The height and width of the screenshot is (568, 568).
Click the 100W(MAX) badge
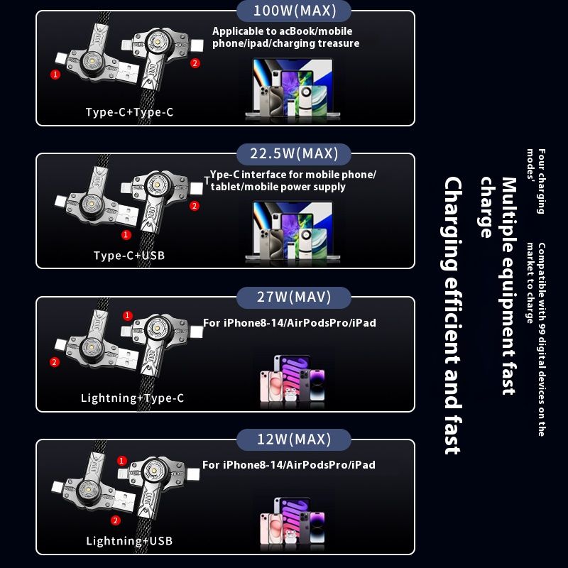(x=294, y=11)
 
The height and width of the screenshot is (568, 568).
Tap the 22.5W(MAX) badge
(x=294, y=154)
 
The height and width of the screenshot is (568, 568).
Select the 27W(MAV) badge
(x=294, y=297)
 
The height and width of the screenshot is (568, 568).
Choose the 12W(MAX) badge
(x=294, y=439)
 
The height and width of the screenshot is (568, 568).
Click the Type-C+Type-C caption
(x=129, y=112)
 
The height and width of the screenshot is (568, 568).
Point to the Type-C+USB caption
(x=129, y=256)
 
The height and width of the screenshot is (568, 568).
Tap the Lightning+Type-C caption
(x=132, y=398)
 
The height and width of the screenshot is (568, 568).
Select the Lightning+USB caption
(x=129, y=541)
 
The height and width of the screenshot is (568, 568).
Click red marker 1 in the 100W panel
(x=55, y=75)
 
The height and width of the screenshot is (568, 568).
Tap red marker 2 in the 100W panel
(x=195, y=63)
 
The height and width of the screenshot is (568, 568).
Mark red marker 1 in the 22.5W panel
(x=126, y=235)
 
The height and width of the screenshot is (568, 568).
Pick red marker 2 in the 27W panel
(x=55, y=362)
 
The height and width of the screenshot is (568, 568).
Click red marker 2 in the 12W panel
(x=116, y=520)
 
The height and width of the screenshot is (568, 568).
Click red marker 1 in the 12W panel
(x=121, y=461)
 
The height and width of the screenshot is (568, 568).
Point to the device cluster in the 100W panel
(x=293, y=88)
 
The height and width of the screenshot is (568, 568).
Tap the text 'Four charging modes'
(x=536, y=181)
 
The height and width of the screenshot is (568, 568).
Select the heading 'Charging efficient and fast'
(x=453, y=315)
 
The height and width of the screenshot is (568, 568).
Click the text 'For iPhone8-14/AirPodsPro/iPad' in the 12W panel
(x=289, y=465)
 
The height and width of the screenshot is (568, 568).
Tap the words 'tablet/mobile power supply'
(x=278, y=187)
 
